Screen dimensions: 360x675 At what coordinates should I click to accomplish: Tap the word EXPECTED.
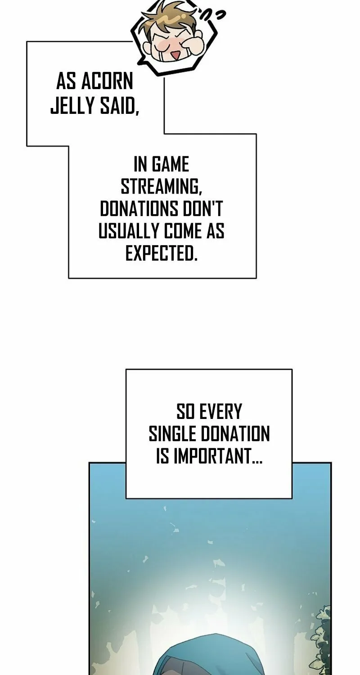[x=161, y=253]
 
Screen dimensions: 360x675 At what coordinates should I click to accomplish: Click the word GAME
[x=170, y=165]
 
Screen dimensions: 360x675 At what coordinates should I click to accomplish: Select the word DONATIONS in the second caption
[x=139, y=208]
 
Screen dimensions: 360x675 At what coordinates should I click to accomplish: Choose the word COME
[x=183, y=231]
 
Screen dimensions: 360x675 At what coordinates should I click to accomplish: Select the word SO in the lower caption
[x=185, y=412]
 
